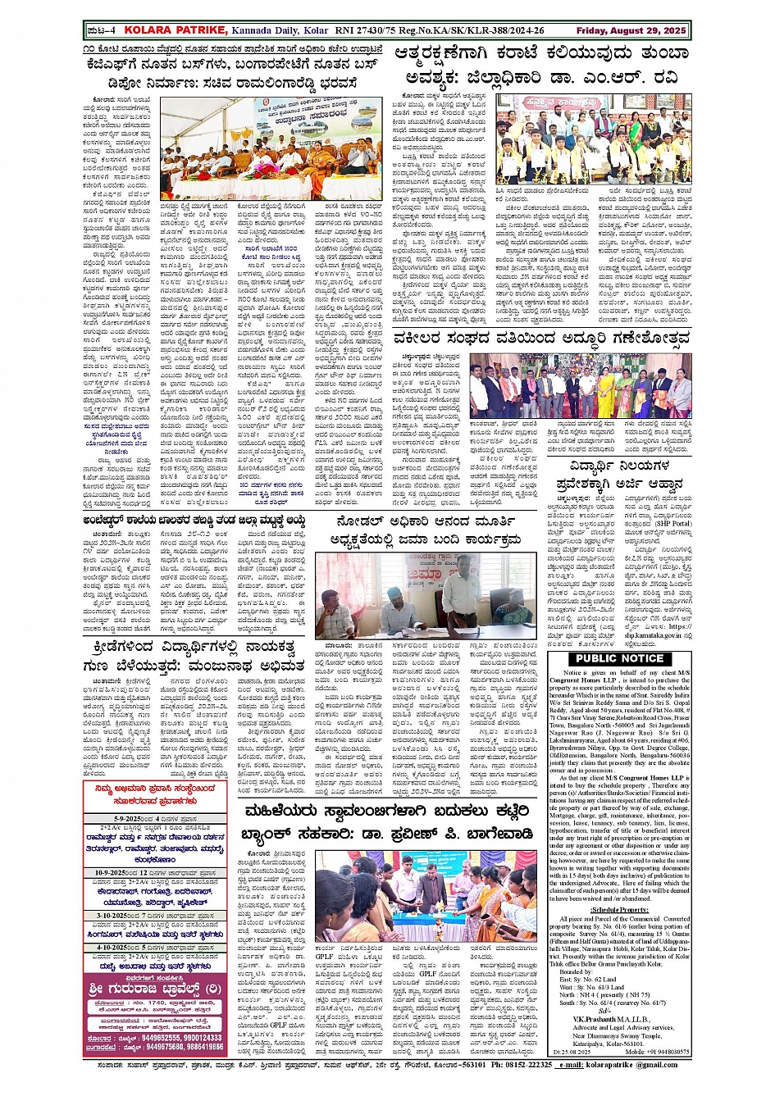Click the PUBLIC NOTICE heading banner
[619, 658]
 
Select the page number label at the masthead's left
[101, 30]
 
